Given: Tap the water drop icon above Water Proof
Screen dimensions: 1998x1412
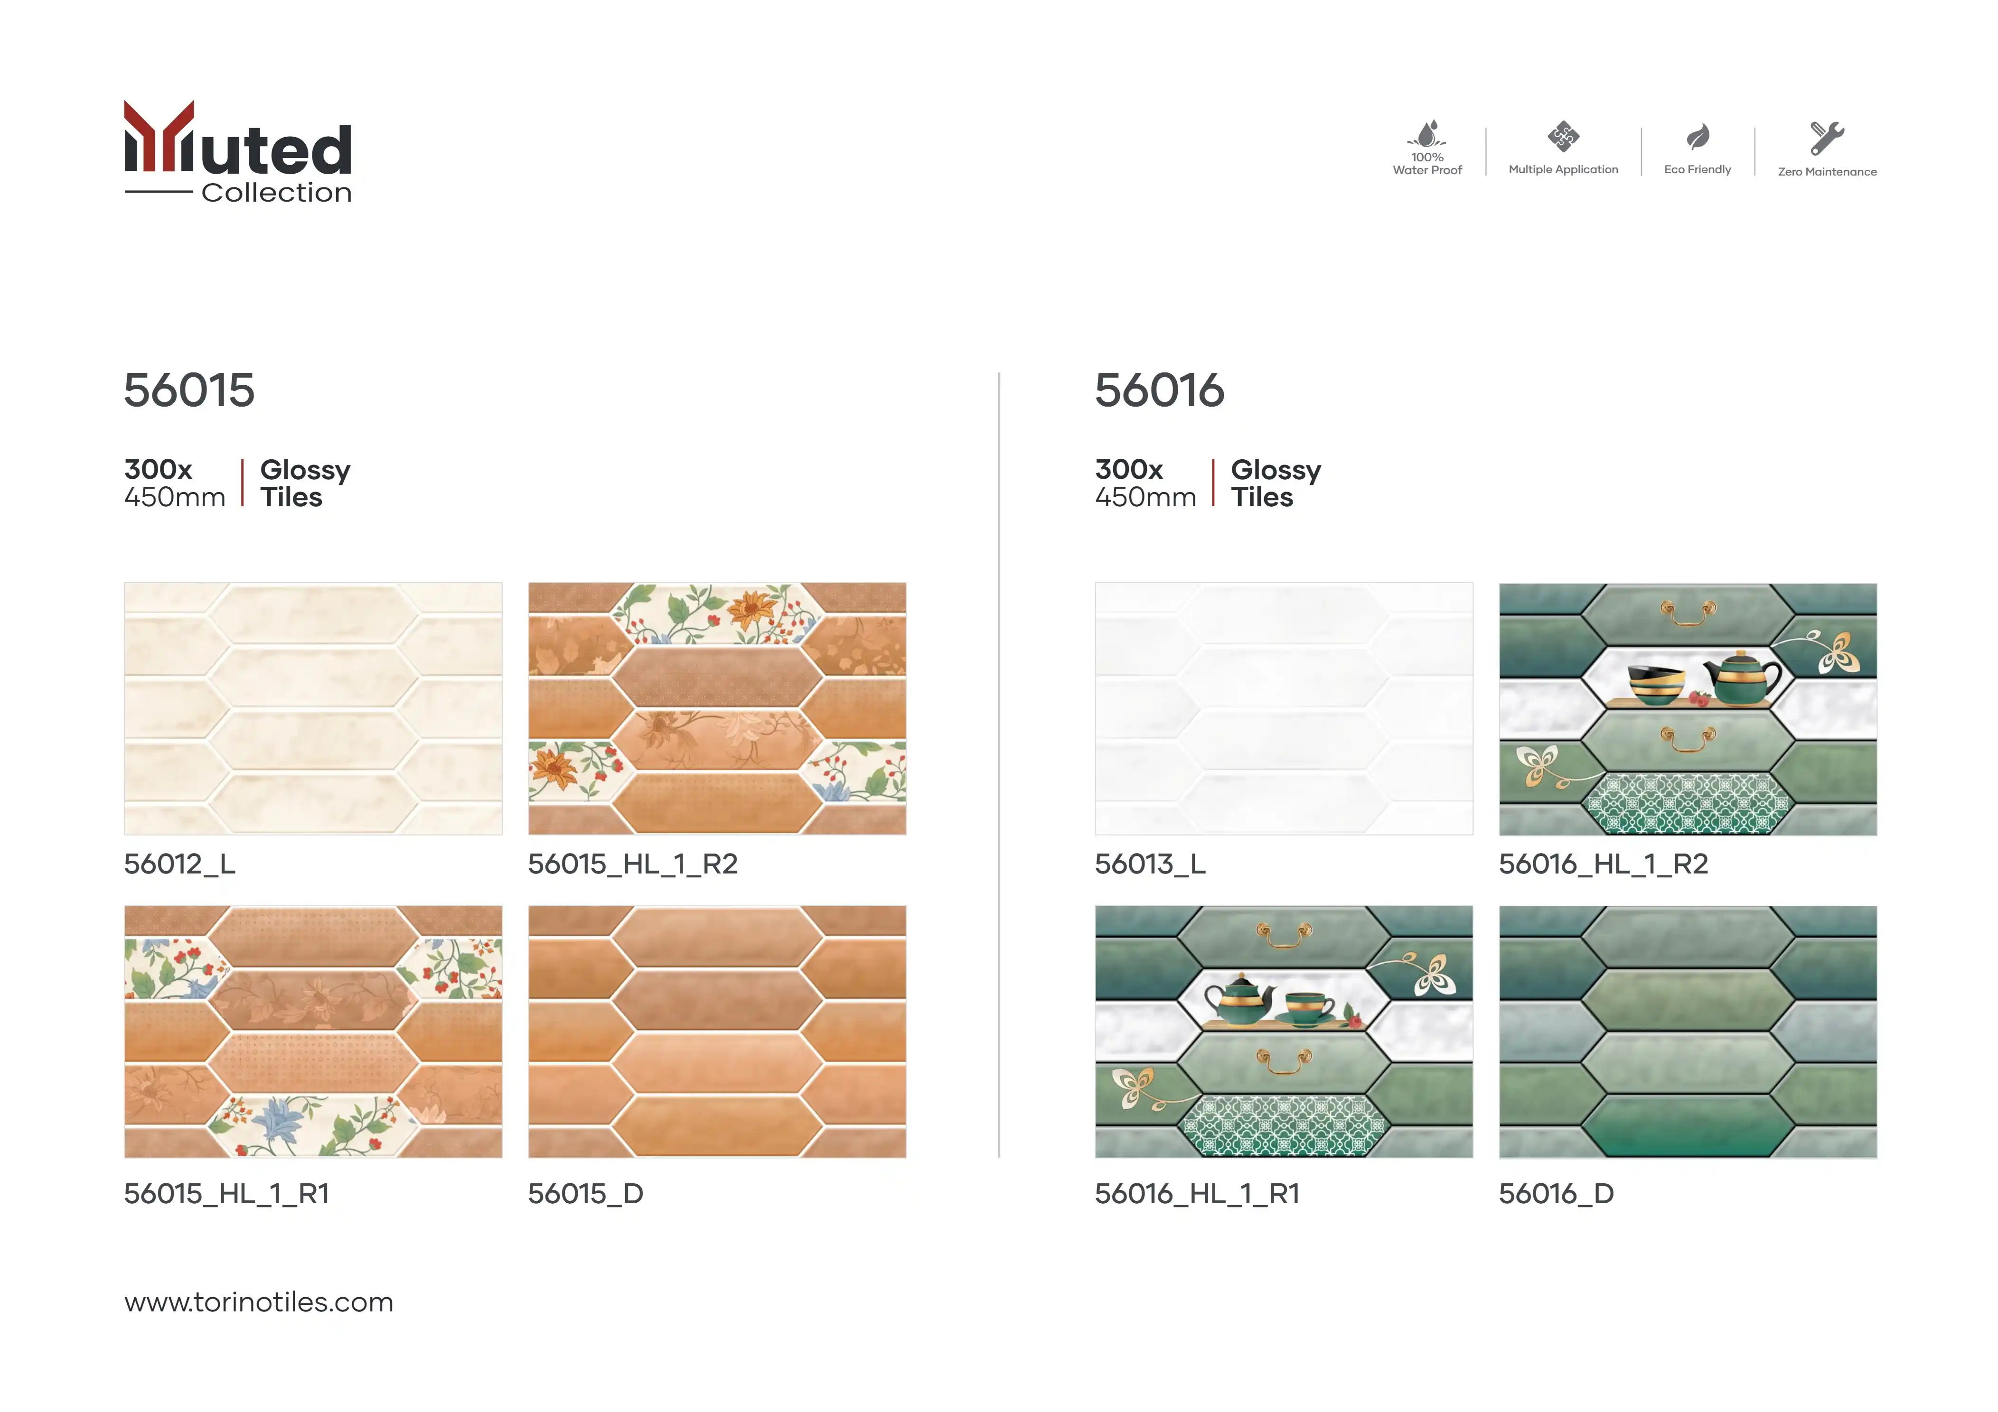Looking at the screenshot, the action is coord(1427,134).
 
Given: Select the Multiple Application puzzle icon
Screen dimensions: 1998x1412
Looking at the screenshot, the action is coord(1563,137).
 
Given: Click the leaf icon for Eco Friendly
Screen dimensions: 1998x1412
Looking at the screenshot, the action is coord(1698,137).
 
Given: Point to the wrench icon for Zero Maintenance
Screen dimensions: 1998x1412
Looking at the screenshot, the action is coord(1827,138).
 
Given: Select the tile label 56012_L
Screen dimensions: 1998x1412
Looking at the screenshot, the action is coord(179,864).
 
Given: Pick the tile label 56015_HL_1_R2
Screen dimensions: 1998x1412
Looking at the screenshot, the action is coord(633,864).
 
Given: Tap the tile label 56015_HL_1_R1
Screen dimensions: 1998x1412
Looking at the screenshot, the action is coord(226,1194).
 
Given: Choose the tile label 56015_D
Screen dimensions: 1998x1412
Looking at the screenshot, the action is coord(586,1194).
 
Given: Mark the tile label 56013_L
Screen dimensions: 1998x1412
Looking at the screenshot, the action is coord(1150,864).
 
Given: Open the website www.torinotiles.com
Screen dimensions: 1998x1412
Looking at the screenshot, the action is coord(258,1302).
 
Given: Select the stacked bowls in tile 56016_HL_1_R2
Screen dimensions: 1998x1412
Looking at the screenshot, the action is coord(1656,684).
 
